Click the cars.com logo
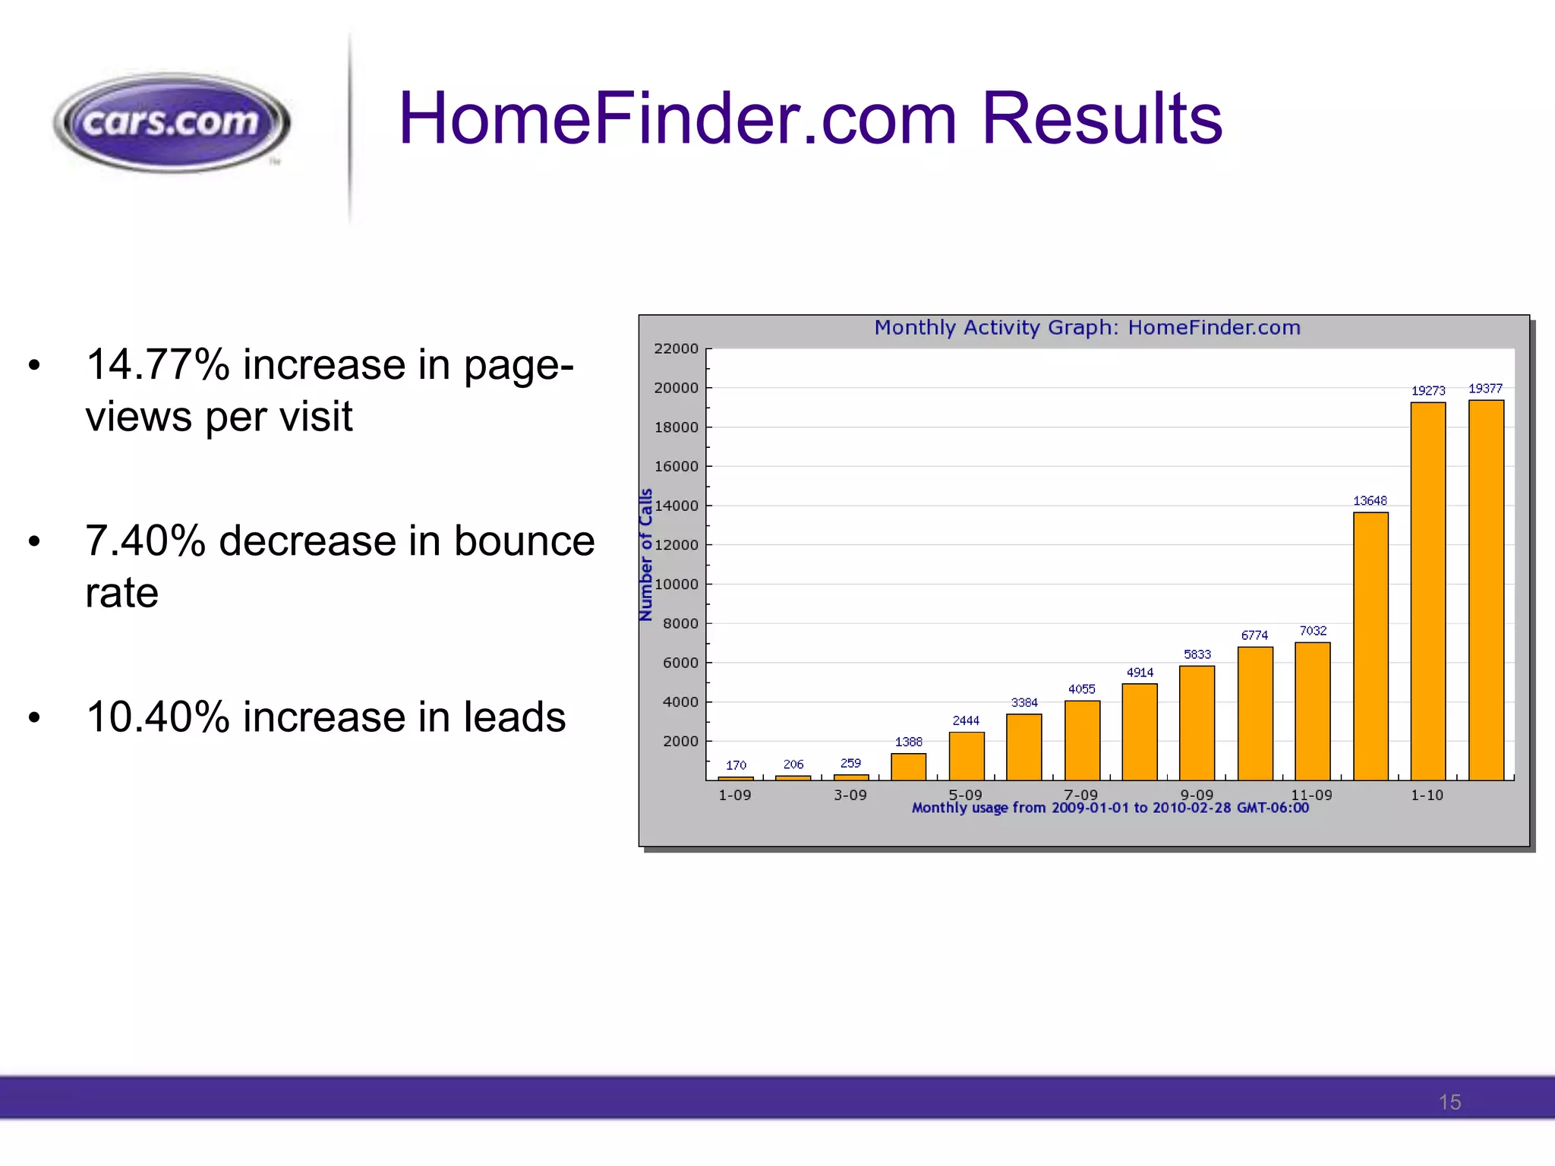(172, 123)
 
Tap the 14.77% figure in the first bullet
(157, 364)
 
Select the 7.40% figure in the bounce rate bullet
(145, 540)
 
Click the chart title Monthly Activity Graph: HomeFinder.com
(1087, 328)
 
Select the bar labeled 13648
(1370, 645)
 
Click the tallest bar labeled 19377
(1486, 590)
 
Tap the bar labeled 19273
(1428, 591)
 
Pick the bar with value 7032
(1313, 711)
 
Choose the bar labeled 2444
(967, 755)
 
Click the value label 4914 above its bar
(1140, 673)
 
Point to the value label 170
(736, 765)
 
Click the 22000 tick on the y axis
(676, 348)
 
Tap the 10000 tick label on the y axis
(676, 585)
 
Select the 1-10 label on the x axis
(1427, 795)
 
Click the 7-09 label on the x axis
(1080, 794)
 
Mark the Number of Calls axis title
(646, 555)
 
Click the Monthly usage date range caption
(1110, 808)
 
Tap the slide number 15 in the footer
(1449, 1102)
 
